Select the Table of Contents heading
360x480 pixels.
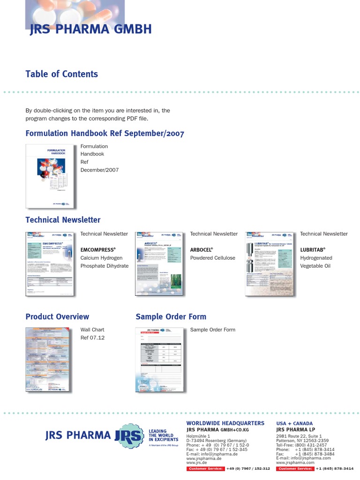[x=61, y=74]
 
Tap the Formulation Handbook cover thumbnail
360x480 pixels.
[x=51, y=176]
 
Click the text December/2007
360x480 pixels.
[x=99, y=170]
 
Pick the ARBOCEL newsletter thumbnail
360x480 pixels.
[x=159, y=263]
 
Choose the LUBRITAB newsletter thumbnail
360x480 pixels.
[x=269, y=263]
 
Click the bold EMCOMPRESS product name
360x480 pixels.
[x=98, y=250]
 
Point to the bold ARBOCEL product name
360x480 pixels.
[x=202, y=250]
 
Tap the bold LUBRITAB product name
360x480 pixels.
[x=313, y=250]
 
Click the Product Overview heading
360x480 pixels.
[x=57, y=317]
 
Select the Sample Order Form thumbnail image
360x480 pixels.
[x=159, y=360]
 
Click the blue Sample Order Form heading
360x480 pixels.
[x=171, y=317]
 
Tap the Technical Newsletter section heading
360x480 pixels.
[x=63, y=220]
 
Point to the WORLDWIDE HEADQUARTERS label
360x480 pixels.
[x=225, y=423]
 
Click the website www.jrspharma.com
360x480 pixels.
[x=295, y=462]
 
